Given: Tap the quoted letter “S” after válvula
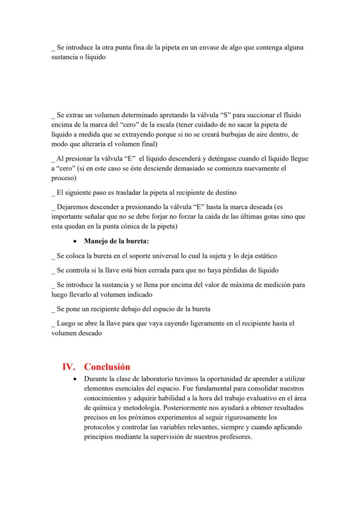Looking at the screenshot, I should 226,115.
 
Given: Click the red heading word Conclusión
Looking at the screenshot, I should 107,366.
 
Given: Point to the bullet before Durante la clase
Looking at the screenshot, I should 76,379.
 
